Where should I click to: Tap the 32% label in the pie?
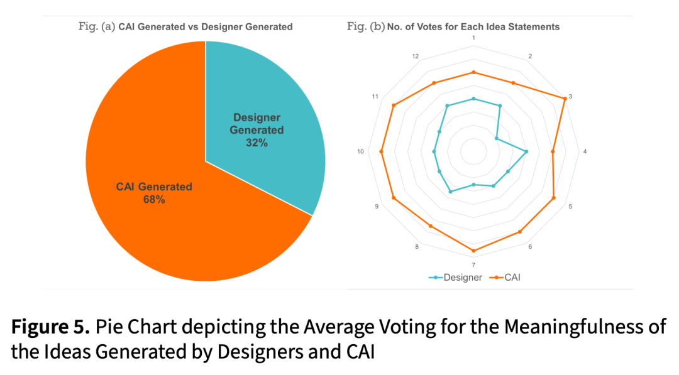point(257,143)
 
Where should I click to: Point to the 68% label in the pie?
point(154,200)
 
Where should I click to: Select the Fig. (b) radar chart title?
point(453,27)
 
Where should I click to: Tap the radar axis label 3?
point(570,97)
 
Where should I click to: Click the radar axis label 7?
point(473,265)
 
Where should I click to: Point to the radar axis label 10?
point(360,151)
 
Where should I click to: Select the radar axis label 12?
point(416,57)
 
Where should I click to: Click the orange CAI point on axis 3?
point(565,99)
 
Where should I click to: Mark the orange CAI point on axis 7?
point(473,251)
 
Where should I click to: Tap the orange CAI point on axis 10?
point(381,151)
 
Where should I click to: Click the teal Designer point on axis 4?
point(526,151)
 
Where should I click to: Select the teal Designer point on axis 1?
point(473,99)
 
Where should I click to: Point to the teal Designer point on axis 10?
point(434,151)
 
